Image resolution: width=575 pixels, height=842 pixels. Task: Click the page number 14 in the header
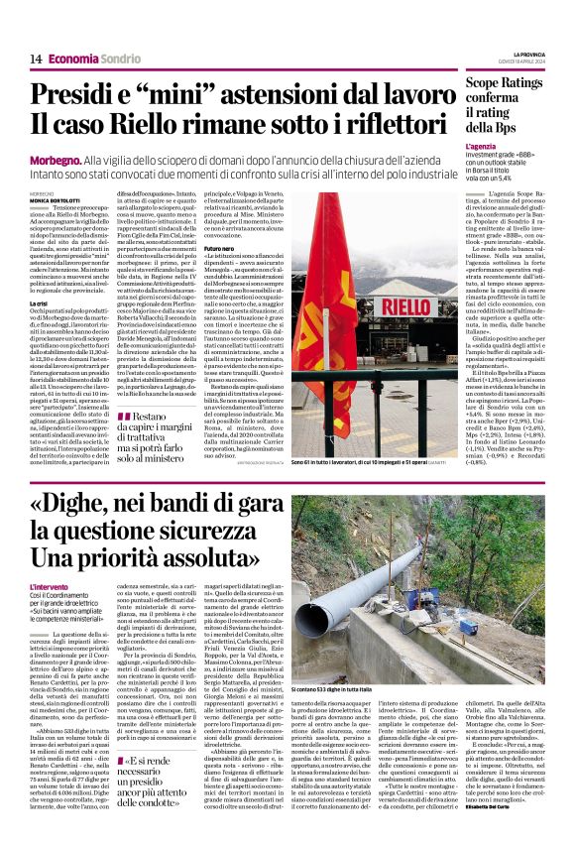click(36, 59)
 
